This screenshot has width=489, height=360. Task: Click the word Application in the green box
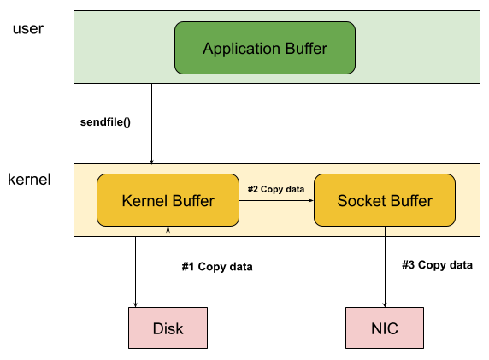[240, 49]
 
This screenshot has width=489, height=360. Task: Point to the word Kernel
[144, 201]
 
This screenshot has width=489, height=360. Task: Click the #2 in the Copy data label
[253, 189]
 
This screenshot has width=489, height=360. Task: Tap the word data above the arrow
[294, 189]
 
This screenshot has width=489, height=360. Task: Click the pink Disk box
[168, 328]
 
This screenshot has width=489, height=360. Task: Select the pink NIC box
[385, 328]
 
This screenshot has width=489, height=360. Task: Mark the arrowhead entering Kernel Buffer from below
[168, 230]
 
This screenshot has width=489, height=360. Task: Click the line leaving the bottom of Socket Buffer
[385, 231]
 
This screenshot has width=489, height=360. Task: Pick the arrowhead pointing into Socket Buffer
[311, 201]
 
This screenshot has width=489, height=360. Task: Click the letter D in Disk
[156, 328]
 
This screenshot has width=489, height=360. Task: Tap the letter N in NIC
[375, 328]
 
